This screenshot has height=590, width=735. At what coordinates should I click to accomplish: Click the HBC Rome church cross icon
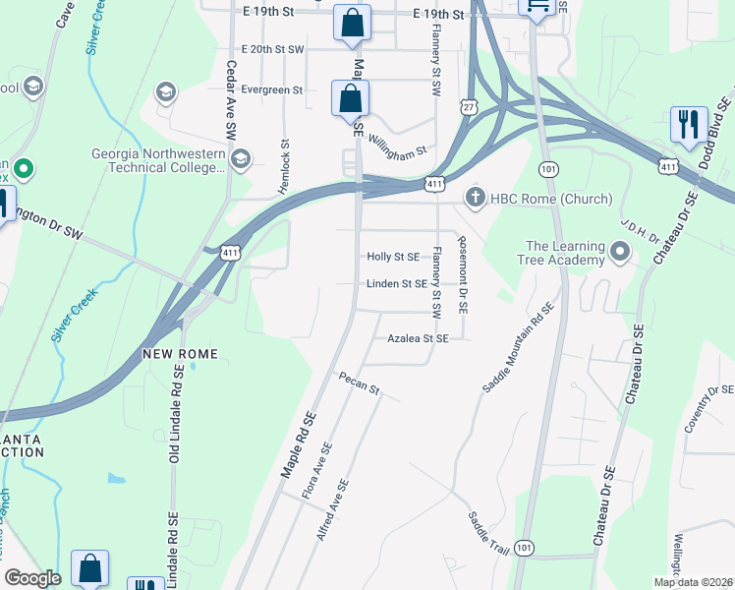pos(476,198)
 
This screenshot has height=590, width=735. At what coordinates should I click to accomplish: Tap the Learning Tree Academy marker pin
pos(619,254)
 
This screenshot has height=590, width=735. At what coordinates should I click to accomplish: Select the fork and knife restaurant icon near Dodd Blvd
pos(686,124)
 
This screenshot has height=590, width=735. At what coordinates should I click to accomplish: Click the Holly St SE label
pos(393,257)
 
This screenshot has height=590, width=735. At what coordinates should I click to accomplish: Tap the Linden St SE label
pos(396,284)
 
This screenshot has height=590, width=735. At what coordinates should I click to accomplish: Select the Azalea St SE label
pos(418,338)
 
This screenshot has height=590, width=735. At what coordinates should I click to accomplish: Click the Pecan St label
pos(359,383)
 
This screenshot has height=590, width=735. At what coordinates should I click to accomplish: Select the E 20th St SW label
pos(272,48)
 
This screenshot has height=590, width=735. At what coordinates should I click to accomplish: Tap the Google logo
pos(33,578)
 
